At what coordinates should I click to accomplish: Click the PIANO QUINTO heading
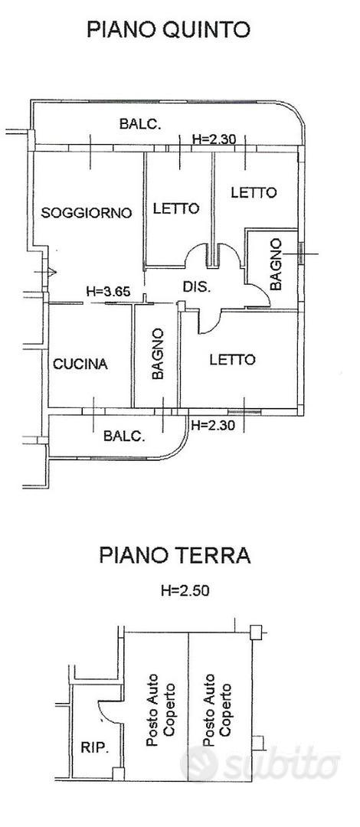[168, 30]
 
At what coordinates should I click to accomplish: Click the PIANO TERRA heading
[175, 555]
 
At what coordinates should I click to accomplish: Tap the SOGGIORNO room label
[86, 213]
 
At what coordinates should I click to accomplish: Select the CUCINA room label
[80, 364]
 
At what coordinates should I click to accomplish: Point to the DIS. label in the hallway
[196, 287]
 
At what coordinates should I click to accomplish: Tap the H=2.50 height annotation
[185, 590]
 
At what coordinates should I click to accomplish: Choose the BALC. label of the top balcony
[140, 125]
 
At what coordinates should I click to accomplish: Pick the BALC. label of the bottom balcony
[124, 436]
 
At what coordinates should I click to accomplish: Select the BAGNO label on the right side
[276, 264]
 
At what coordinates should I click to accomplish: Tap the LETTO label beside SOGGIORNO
[176, 208]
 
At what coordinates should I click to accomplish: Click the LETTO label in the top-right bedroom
[254, 192]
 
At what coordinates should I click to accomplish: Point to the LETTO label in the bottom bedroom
[232, 360]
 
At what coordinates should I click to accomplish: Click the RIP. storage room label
[95, 748]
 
